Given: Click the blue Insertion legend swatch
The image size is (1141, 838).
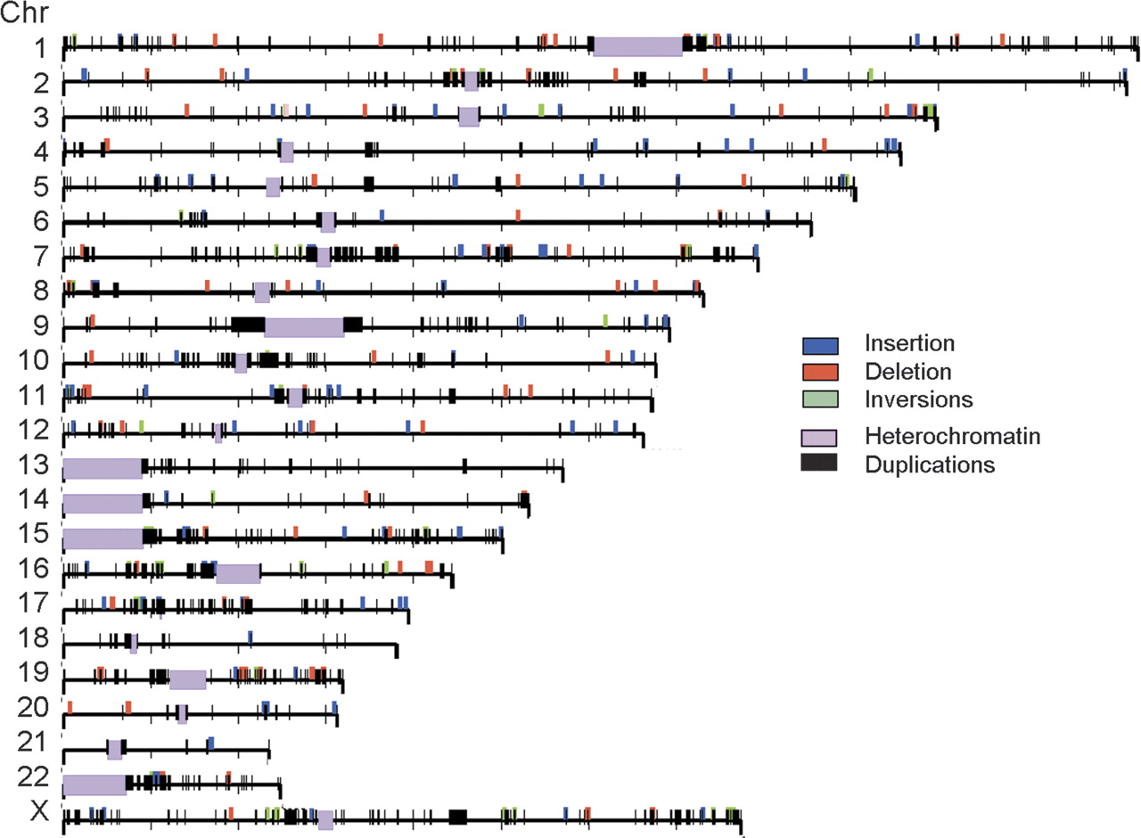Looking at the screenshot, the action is [820, 345].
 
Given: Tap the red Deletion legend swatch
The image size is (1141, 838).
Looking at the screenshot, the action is [820, 372].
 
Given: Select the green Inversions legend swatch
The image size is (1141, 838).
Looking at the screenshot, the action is [820, 398].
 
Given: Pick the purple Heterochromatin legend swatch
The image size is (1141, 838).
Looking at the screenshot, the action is [819, 438].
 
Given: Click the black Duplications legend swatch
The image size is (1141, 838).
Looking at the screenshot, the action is [819, 462].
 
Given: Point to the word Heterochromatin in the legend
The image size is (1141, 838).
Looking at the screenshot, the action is [953, 436].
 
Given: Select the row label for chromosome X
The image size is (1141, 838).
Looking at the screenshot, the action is [40, 810].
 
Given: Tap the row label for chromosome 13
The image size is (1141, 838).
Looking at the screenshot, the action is [34, 464].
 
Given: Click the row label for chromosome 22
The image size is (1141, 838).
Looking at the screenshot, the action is [34, 776].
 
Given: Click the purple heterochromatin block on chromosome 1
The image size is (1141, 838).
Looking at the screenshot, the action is [637, 47].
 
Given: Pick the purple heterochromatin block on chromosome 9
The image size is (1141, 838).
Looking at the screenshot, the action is [304, 327].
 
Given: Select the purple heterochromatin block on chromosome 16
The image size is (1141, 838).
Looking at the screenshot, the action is [238, 573].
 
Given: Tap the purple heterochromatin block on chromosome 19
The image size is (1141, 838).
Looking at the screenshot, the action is [188, 679].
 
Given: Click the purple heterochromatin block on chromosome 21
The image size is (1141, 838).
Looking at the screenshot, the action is [115, 750].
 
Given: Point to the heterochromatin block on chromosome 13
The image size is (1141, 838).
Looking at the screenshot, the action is [103, 469].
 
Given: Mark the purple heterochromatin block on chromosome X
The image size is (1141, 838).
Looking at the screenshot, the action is [326, 820].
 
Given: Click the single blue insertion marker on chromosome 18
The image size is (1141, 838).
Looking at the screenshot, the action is [250, 637].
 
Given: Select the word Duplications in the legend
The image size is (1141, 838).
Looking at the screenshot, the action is [930, 464].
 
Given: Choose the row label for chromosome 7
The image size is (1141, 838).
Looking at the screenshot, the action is [41, 256].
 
